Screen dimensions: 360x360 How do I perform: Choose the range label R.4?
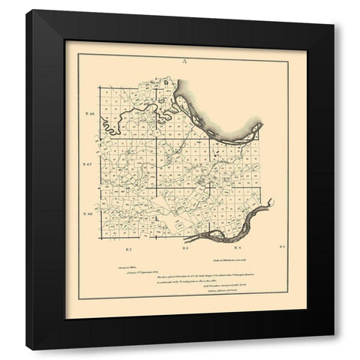click(236, 247)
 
